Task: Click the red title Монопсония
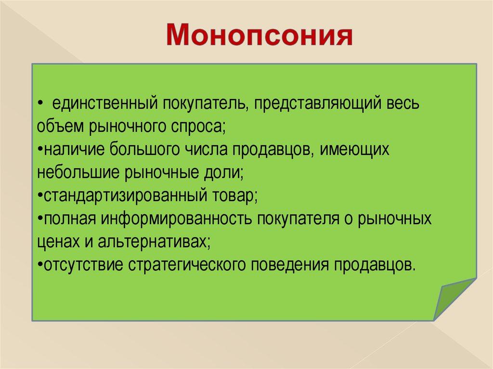[259, 35]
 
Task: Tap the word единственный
[104, 103]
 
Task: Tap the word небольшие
[78, 173]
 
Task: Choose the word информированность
[176, 219]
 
